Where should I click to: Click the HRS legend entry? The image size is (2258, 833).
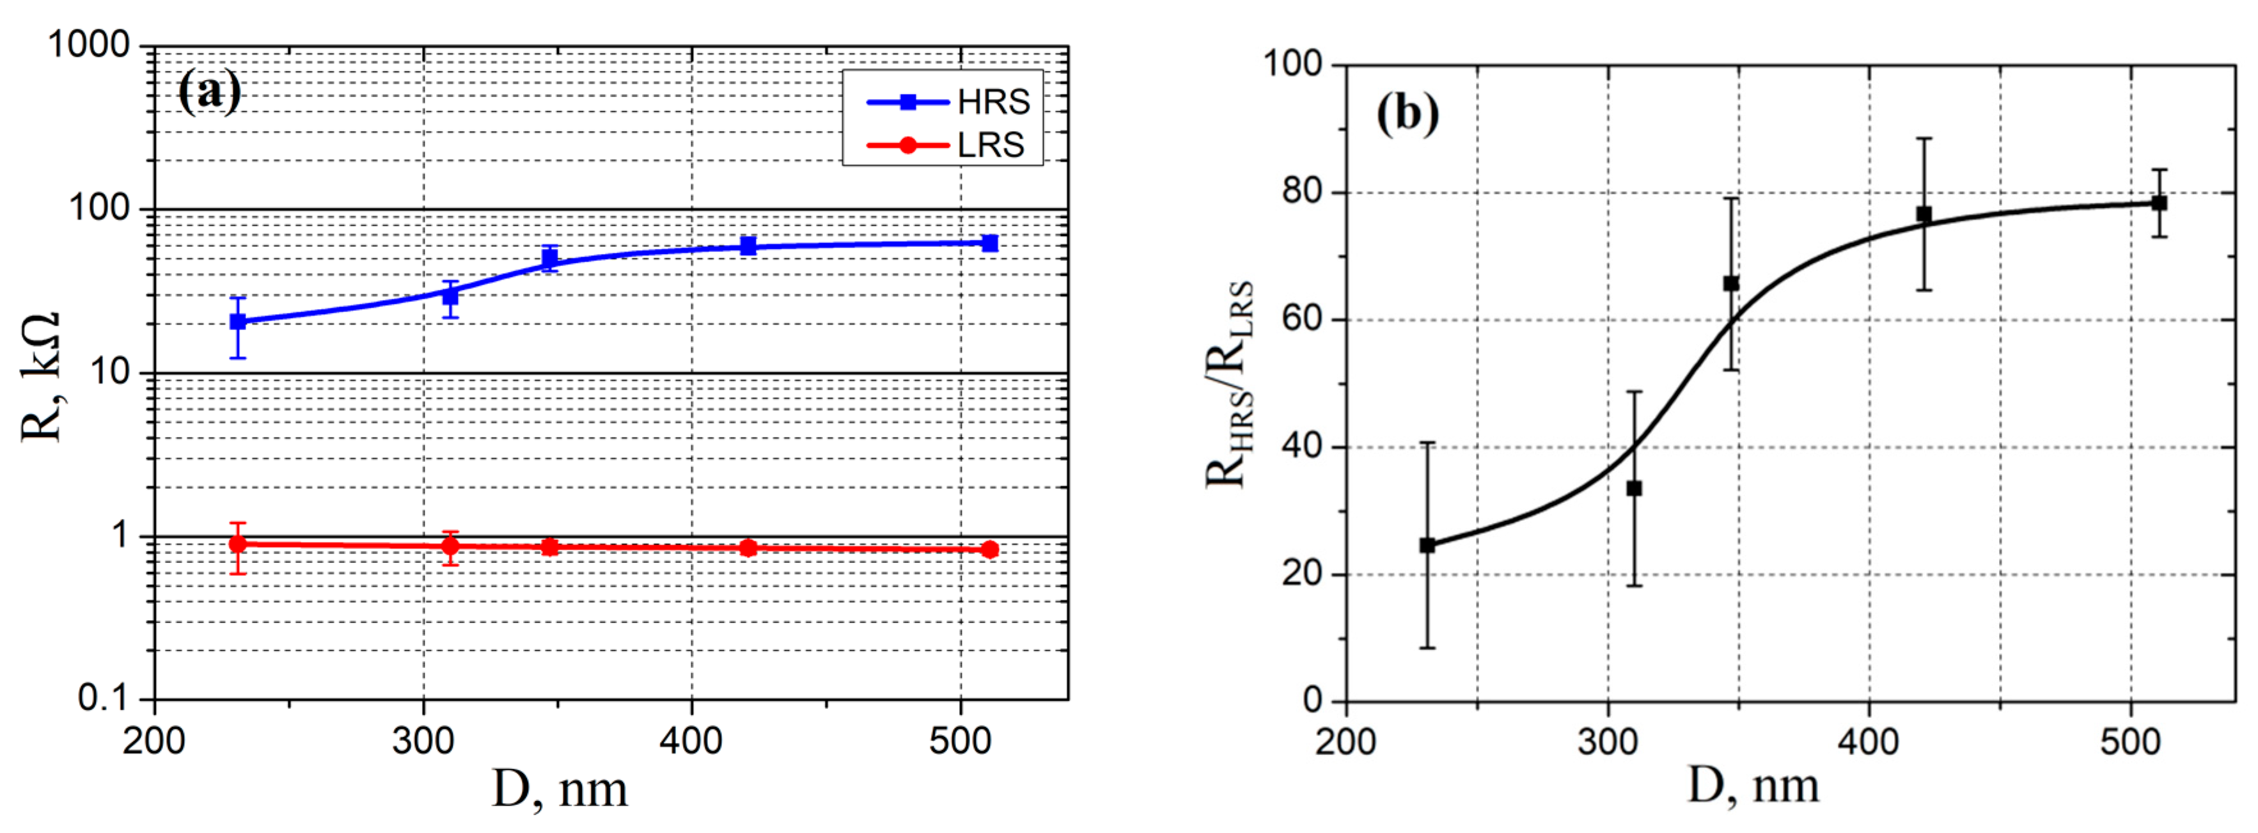950,102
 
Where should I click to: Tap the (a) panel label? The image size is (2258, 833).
208,91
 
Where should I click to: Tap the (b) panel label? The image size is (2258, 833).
1407,113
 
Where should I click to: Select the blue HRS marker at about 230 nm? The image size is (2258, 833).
237,322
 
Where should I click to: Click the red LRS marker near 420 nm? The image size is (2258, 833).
748,548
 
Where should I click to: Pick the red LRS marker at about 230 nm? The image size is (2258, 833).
237,544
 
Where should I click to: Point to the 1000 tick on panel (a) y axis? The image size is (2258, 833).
88,45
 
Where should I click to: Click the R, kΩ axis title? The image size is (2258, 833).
40,377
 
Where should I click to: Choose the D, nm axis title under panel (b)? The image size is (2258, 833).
1753,785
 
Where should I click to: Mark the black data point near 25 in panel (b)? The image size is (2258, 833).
1427,545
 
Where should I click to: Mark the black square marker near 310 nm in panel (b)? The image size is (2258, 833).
1634,488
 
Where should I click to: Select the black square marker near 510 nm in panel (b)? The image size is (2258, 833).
2159,203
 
